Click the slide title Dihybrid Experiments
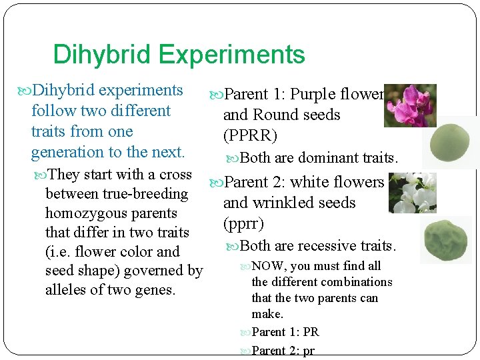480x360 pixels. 179,55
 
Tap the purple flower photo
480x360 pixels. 410,105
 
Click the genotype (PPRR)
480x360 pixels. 250,136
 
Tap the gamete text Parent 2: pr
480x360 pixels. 283,351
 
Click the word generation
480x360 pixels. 64,152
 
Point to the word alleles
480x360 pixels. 67,290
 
